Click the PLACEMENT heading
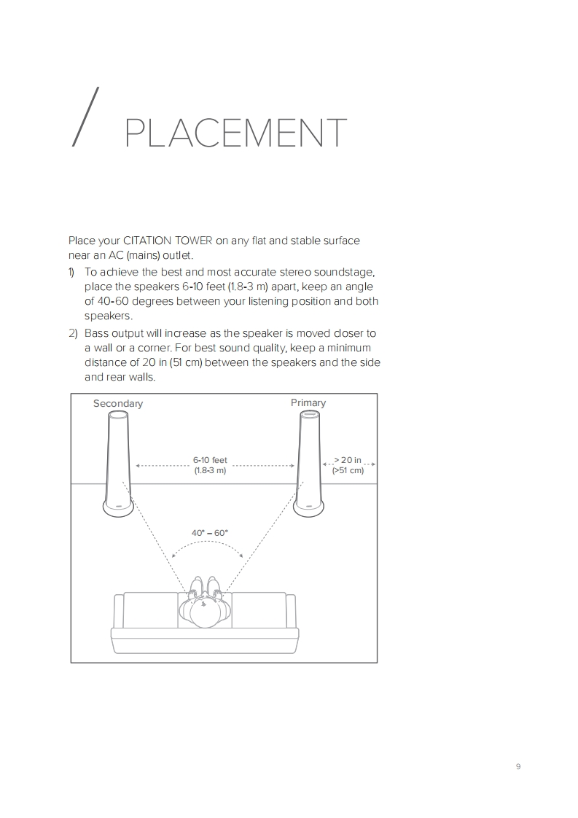(x=235, y=133)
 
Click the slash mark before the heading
(x=85, y=117)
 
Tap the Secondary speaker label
(x=118, y=403)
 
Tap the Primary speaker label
(x=308, y=402)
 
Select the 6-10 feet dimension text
(x=210, y=460)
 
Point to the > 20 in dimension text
(x=348, y=460)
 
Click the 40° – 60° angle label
(x=210, y=533)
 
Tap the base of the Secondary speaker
(x=118, y=509)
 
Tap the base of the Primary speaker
(x=308, y=509)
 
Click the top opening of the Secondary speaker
(x=118, y=415)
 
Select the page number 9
(x=518, y=766)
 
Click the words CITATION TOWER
(x=168, y=241)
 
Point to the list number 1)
(x=71, y=272)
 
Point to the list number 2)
(x=72, y=333)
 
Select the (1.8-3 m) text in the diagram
(x=210, y=470)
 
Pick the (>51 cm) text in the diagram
(x=348, y=470)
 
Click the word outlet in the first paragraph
(x=178, y=255)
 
